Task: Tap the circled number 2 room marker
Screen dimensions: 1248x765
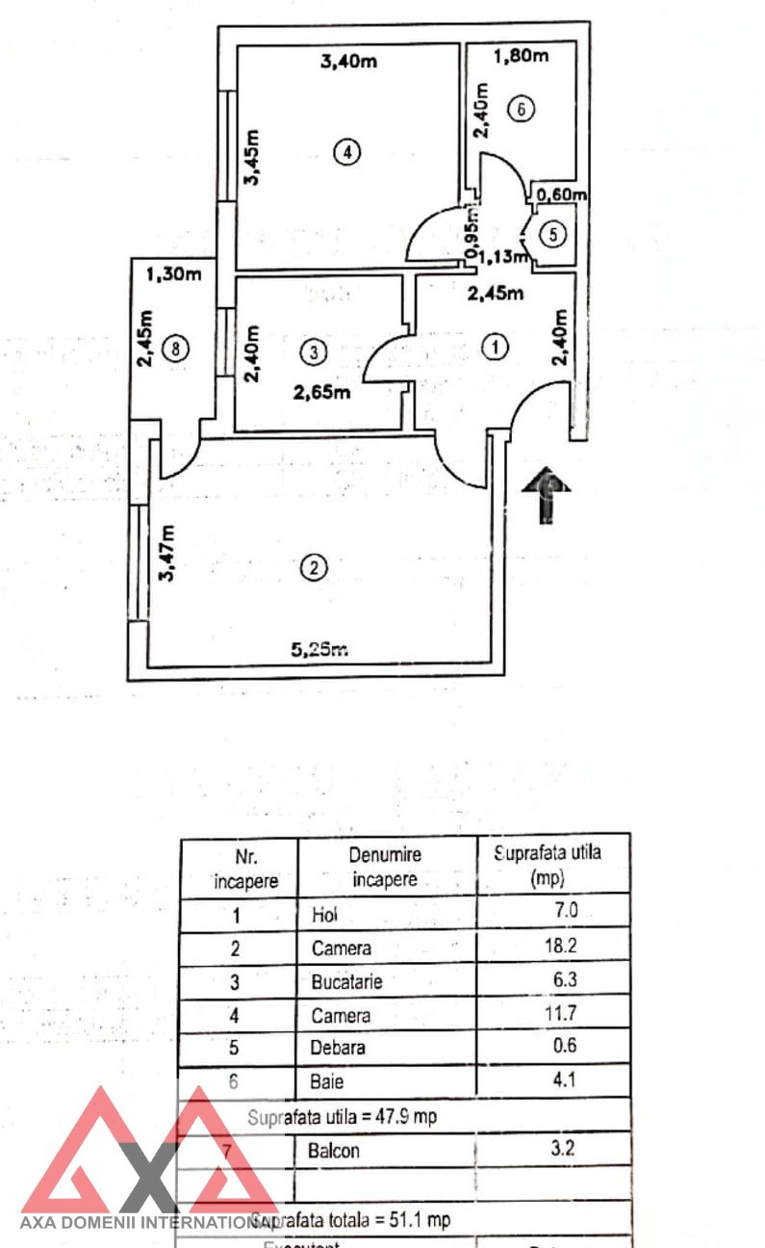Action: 313,568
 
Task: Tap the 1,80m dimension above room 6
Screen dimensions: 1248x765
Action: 521,56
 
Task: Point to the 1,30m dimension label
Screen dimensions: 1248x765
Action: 174,274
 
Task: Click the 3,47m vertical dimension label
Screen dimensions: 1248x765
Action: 169,553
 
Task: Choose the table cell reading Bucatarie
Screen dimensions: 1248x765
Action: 347,982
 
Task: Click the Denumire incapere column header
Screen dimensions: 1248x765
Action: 385,866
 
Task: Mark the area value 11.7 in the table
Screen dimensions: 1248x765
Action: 585,1014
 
